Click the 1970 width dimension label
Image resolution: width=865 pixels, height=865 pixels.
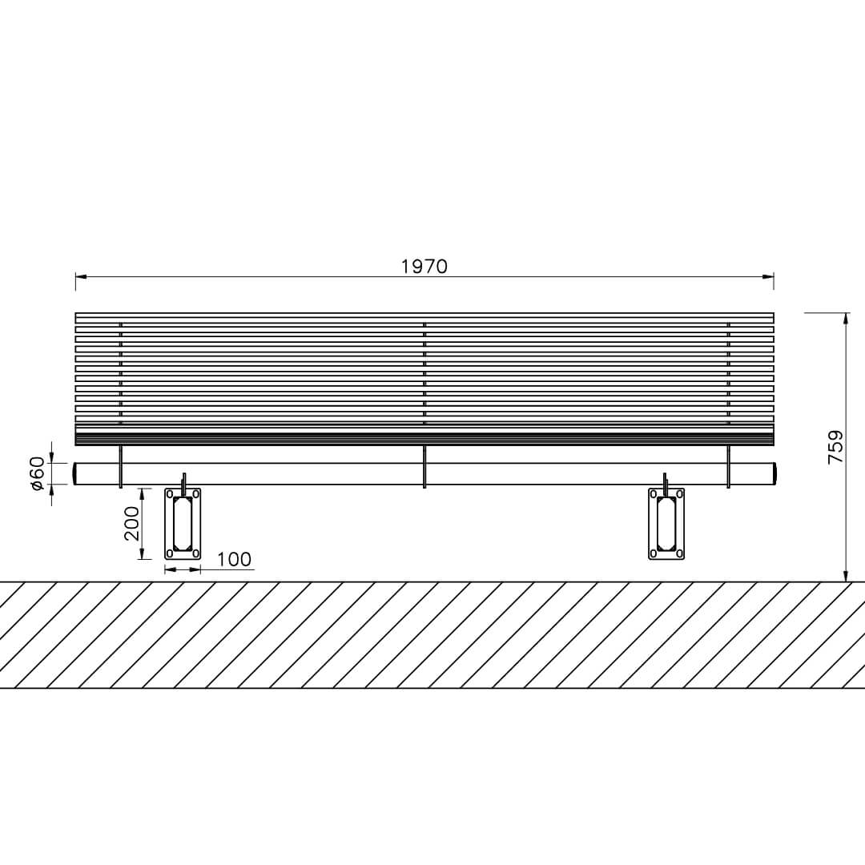(x=424, y=267)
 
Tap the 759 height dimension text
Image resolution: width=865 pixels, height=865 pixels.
(x=835, y=447)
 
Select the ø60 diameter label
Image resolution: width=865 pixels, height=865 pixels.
(x=37, y=473)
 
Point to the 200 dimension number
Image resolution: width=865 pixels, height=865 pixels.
(x=132, y=524)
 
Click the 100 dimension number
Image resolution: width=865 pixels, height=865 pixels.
(x=234, y=559)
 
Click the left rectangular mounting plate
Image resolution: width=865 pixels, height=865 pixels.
(x=183, y=524)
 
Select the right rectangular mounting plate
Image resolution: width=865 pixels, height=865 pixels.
(x=666, y=524)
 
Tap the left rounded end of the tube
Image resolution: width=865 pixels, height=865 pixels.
(x=74, y=474)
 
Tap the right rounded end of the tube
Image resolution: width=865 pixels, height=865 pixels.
(x=775, y=474)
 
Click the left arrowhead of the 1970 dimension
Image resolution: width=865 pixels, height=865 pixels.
(x=81, y=276)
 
